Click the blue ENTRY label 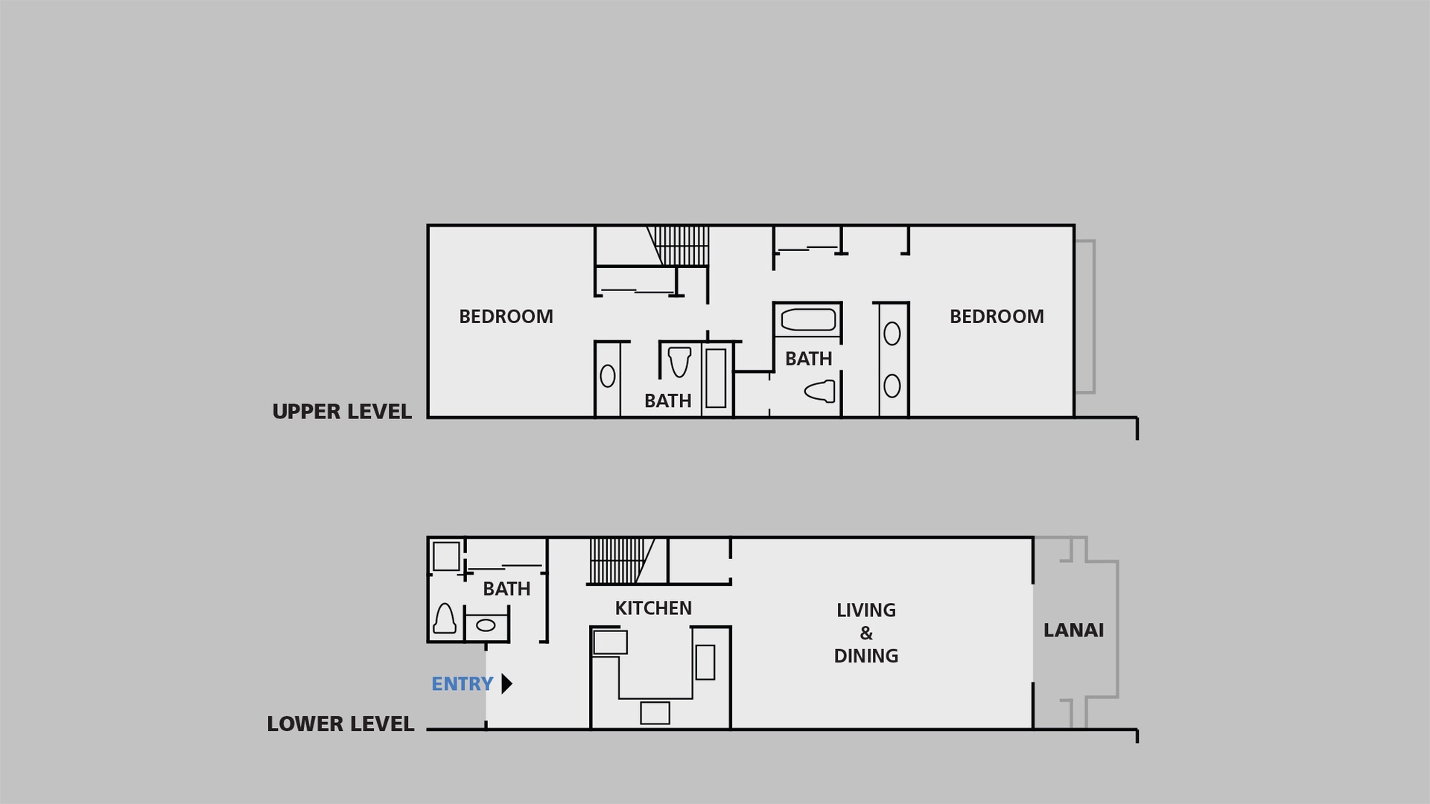coord(462,683)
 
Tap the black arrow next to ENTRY coord(506,683)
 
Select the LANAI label coord(1073,631)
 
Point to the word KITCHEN coord(653,608)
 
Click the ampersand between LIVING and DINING coord(866,634)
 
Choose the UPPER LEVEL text coord(342,412)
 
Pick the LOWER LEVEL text coord(340,724)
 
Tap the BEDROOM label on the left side coord(506,316)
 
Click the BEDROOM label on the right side coord(997,316)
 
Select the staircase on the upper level coord(678,246)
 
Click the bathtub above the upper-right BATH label coord(808,320)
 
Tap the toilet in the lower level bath coord(445,619)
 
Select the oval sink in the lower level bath coord(486,625)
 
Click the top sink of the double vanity coord(892,334)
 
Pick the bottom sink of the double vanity coord(892,386)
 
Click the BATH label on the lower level coord(506,589)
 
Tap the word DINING coord(866,656)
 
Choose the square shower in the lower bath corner coord(446,556)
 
